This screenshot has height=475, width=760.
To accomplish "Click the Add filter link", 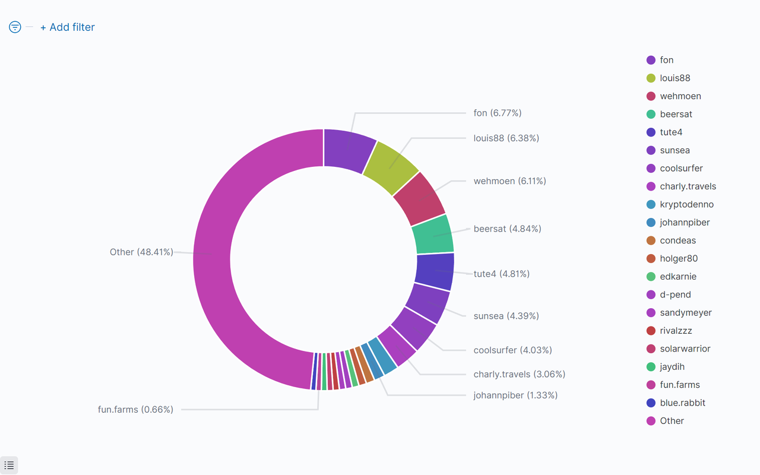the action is pos(68,27).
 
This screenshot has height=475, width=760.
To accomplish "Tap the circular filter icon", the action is pos(15,27).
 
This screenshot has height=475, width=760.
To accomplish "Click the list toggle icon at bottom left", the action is pos(9,465).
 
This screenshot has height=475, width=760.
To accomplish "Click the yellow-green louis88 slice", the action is pos(390,167).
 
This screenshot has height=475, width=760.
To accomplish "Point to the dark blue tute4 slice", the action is pos(435,271).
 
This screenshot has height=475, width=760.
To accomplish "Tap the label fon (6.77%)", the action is pos(498,113).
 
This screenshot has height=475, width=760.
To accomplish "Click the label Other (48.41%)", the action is pos(141,252).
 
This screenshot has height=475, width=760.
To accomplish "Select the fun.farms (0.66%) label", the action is pos(136,410).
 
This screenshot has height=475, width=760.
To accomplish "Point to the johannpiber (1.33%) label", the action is pos(515,395).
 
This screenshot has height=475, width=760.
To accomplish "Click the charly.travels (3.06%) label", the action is pos(520,374).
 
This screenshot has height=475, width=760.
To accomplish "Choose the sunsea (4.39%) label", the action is pos(506,316).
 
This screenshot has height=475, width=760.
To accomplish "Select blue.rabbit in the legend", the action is pos(676,403).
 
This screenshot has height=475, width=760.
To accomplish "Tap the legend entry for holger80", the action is pos(672,258).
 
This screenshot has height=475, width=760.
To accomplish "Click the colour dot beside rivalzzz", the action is pos(651,331).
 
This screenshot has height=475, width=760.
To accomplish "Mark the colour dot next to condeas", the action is pos(651,240).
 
